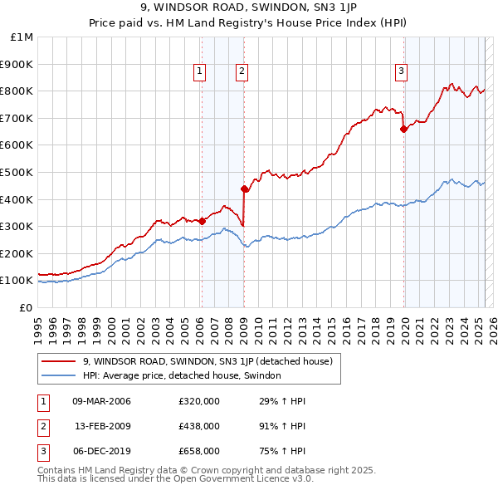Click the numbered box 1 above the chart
(201, 72)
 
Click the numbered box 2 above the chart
(242, 72)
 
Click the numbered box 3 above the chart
(401, 72)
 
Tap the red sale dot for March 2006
(202, 221)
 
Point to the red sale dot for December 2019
(403, 129)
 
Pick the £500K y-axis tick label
(18, 172)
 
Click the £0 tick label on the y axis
(27, 307)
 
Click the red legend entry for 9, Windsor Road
(207, 361)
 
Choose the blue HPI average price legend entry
(182, 375)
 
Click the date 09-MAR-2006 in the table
(101, 402)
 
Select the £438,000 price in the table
(199, 426)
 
